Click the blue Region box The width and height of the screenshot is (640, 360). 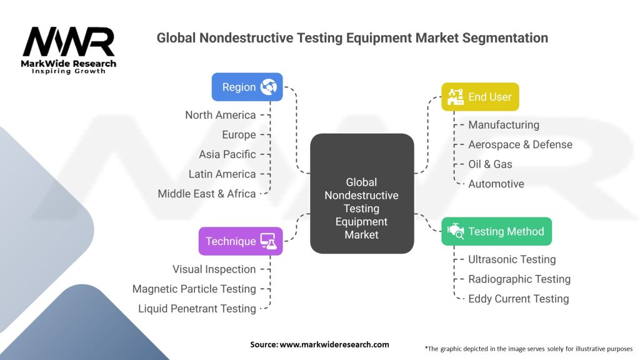coord(247,87)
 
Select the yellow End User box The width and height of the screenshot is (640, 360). coord(480,97)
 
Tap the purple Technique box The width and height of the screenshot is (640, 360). coord(241,241)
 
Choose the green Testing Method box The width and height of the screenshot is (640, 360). coord(497,231)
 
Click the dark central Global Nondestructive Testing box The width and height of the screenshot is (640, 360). coord(362,194)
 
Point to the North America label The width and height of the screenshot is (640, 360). coord(220,115)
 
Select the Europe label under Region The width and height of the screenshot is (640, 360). coord(239,134)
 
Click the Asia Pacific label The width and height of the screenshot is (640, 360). coord(227,154)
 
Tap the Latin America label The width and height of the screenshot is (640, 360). coord(222,174)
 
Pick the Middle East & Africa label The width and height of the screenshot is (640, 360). coord(207,194)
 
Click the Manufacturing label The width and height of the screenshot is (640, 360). coord(504,125)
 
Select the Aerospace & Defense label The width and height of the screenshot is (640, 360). coord(520,144)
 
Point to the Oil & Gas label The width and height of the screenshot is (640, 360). coord(490,164)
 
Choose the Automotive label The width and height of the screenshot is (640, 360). coord(496,184)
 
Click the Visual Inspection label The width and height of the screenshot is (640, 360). coord(214,269)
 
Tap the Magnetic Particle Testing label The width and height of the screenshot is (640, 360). coord(194,289)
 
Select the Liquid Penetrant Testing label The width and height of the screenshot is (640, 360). coord(197,309)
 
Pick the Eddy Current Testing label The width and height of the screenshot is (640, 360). coord(519,299)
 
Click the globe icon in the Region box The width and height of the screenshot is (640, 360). coord(269,87)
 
